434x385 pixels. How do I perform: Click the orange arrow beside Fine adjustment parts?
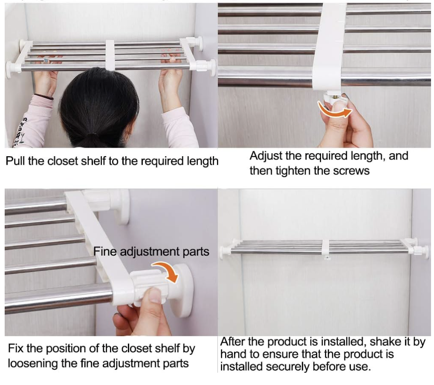point(167,271)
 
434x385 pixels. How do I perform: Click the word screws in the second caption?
point(351,171)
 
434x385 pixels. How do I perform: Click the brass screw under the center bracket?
point(336,97)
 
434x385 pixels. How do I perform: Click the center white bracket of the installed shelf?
point(326,247)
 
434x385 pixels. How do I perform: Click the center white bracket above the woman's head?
point(110,55)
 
